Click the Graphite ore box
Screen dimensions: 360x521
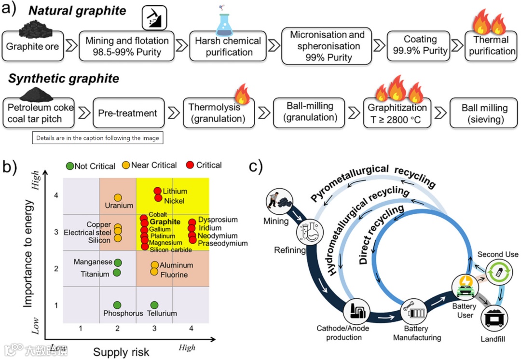33,46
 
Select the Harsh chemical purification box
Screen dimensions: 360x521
229,46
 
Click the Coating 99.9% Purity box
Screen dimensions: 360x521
420,45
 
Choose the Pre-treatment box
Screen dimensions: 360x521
127,113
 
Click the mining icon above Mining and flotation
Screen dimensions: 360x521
154,19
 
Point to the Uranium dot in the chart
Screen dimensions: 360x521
117,197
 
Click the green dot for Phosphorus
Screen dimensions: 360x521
117,305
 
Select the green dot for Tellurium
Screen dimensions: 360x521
154,305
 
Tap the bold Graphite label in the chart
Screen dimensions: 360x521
165,222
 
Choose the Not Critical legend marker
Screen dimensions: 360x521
70,166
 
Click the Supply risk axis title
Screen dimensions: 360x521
121,352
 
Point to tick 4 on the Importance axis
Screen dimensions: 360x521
55,196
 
